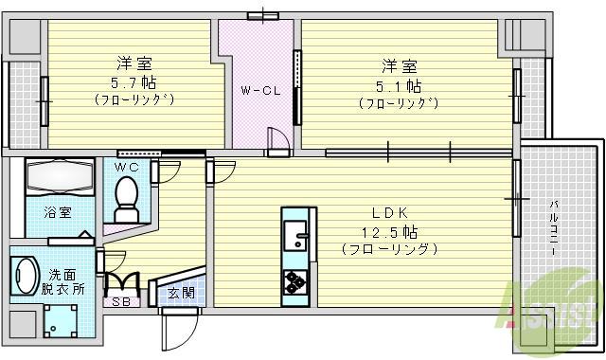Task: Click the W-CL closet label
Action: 258,91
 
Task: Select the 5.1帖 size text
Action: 397,83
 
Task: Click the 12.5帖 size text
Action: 389,231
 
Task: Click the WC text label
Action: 127,168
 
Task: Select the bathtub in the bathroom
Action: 58,177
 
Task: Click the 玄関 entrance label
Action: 181,293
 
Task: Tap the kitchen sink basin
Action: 294,230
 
